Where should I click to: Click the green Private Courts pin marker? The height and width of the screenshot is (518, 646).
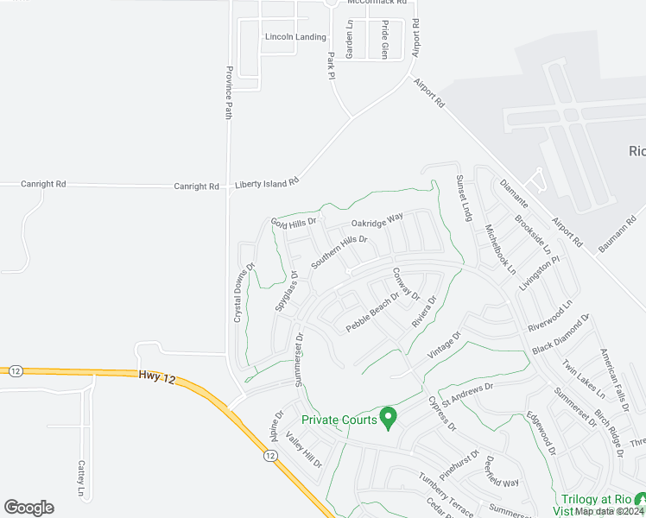[389, 418]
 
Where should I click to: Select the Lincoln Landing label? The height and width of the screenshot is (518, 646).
[295, 37]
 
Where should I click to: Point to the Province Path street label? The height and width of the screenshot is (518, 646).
[229, 92]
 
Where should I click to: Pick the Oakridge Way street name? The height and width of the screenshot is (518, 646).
[377, 222]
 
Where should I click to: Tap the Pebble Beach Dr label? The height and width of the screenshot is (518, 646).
[372, 313]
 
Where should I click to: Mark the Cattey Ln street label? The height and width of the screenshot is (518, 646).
[82, 478]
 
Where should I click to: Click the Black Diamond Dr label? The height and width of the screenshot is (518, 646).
[560, 334]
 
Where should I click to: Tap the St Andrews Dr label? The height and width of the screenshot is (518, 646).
[466, 394]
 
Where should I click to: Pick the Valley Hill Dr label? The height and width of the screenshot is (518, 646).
[304, 451]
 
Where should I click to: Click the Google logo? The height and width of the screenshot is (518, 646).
[28, 508]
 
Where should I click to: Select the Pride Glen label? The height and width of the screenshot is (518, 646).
[385, 39]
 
